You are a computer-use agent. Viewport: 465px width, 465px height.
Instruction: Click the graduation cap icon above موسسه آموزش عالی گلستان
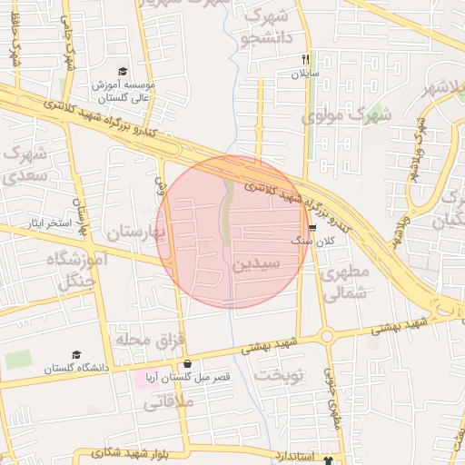(x=124, y=72)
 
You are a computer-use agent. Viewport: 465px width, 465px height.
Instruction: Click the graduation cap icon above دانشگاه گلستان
(x=76, y=355)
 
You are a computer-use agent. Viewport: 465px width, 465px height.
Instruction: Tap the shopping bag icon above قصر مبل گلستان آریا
(x=187, y=363)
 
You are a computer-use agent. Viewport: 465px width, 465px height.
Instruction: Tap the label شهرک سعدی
(x=25, y=163)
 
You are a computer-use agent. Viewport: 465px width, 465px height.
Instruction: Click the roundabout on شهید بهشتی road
(x=326, y=337)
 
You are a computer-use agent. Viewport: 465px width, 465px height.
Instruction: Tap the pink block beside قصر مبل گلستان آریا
(x=146, y=377)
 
